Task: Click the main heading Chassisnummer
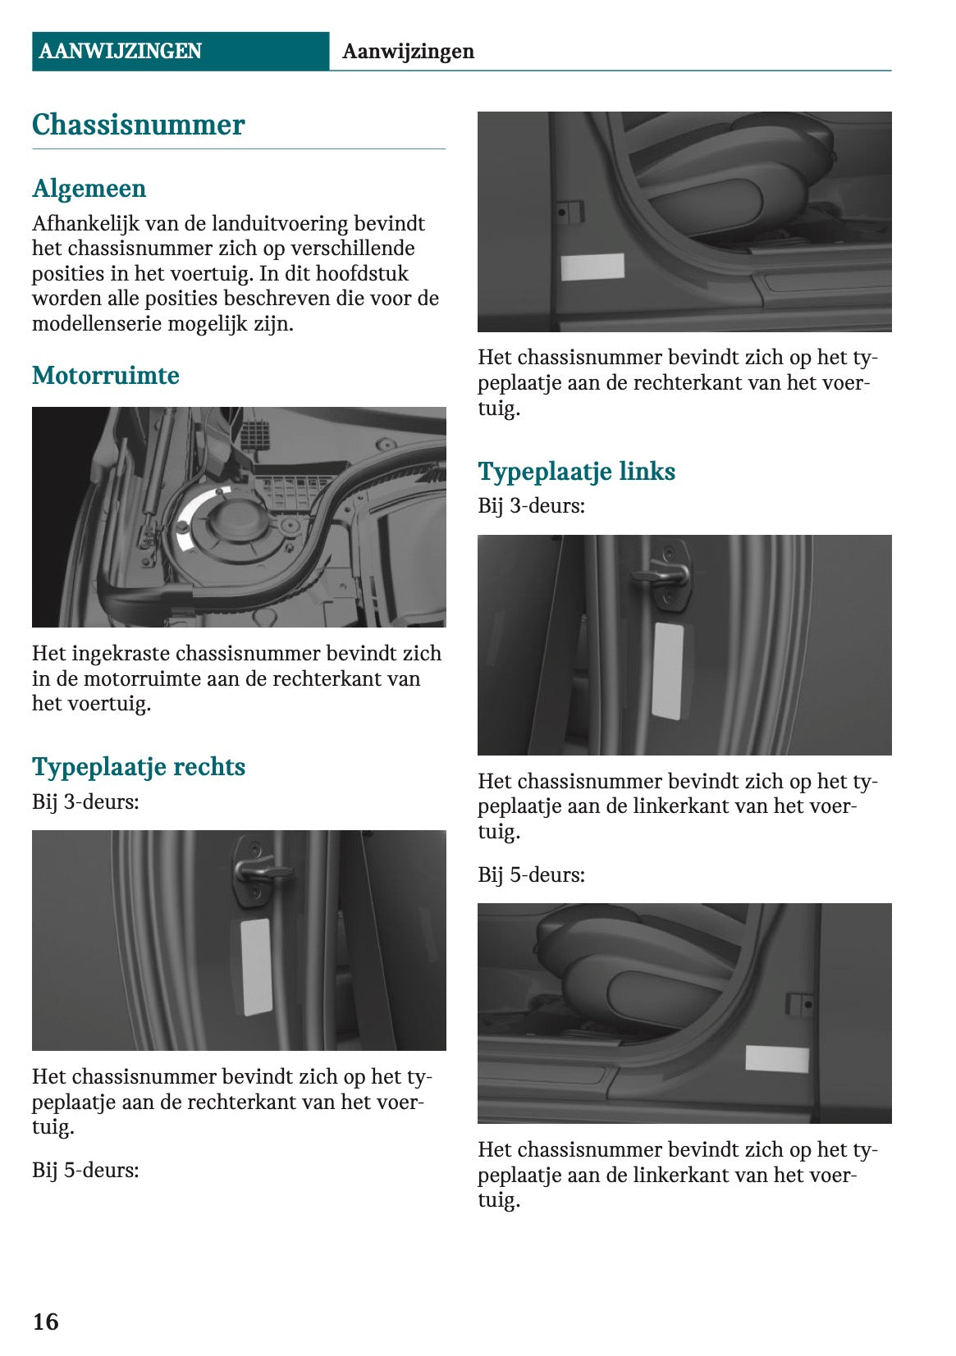click(x=138, y=125)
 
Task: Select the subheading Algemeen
click(x=89, y=189)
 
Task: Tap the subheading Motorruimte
click(x=105, y=376)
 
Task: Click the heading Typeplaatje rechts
click(x=138, y=767)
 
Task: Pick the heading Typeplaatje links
click(x=576, y=472)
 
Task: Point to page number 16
click(x=45, y=1322)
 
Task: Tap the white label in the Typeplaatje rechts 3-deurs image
click(x=255, y=966)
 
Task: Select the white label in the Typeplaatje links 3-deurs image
click(x=667, y=670)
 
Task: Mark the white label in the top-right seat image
click(x=592, y=267)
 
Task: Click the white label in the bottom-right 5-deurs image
click(x=776, y=1058)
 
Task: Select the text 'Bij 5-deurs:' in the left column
click(x=85, y=1171)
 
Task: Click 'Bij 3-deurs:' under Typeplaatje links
click(x=531, y=506)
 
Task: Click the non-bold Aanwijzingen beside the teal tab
click(x=408, y=52)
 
